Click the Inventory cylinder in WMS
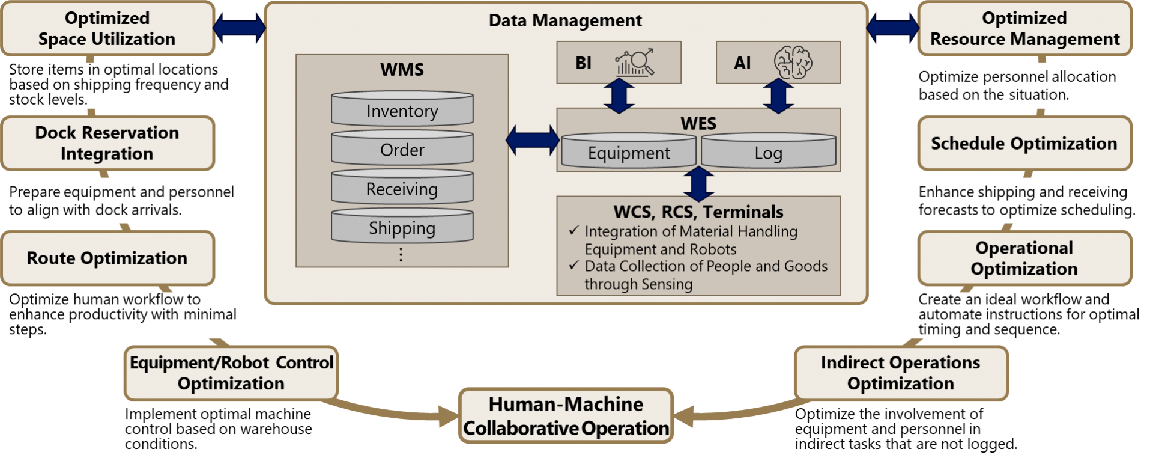pos(402,109)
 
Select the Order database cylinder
pos(402,148)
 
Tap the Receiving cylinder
pos(402,188)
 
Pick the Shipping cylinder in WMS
pos(402,227)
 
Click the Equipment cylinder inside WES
pos(628,151)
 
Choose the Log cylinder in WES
pos(768,151)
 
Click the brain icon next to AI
pos(793,62)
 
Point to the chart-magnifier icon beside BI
pos(634,63)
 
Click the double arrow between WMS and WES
pos(533,140)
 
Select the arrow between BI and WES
pos(619,96)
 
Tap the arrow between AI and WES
pos(778,96)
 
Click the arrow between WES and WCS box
pos(698,184)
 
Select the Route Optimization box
pos(107,258)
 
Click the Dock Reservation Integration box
pos(107,143)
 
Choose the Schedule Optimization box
pos(1024,144)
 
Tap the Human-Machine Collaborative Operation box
pos(566,416)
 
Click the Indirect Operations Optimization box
pos(900,373)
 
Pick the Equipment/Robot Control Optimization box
pos(231,373)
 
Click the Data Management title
pos(565,20)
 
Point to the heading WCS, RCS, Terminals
pos(698,212)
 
